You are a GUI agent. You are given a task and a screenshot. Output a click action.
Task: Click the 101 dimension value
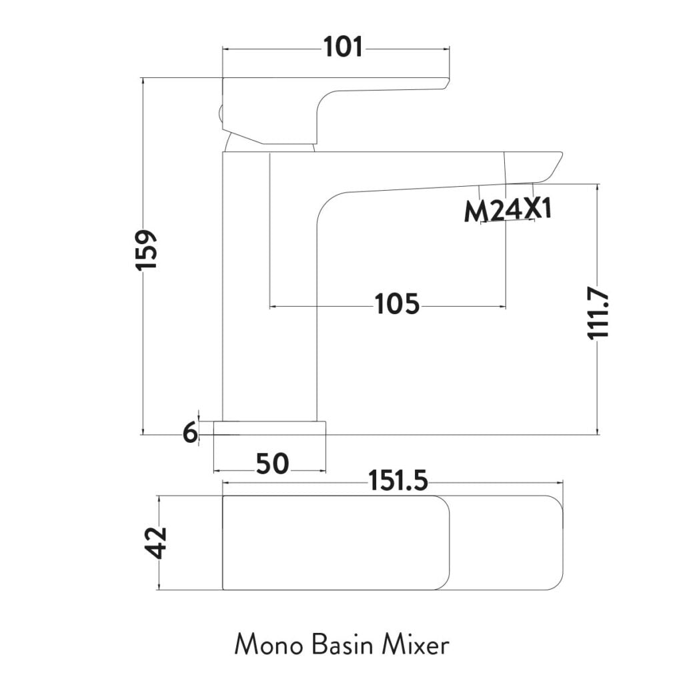tap(344, 47)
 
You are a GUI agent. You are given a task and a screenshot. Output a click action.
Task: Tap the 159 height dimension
tap(146, 249)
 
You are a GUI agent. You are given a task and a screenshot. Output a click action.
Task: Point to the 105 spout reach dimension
tap(397, 304)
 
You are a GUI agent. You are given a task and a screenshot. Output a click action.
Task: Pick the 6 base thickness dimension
tap(190, 434)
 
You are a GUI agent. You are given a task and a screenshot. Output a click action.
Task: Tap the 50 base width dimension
tap(272, 463)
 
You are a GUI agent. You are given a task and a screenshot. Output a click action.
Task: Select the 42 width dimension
tap(157, 542)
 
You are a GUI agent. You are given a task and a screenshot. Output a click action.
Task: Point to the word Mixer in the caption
tap(416, 645)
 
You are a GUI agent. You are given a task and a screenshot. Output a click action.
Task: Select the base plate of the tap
tap(269, 428)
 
